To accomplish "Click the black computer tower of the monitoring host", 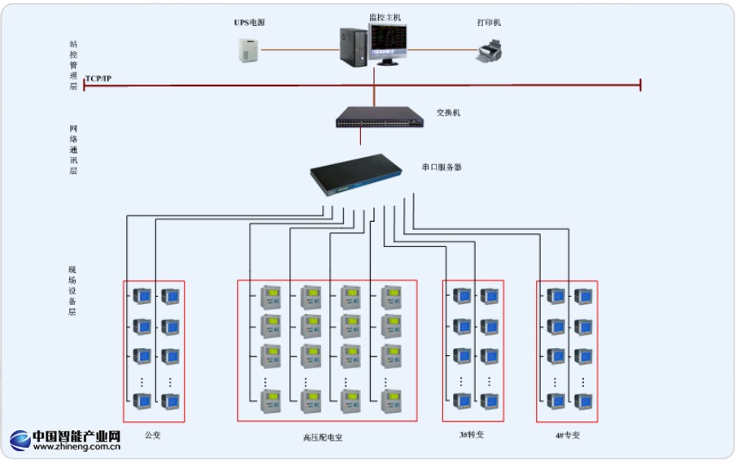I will click(x=354, y=48).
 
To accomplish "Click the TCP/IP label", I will click(x=99, y=79).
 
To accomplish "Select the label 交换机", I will click(x=448, y=113).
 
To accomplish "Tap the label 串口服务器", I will click(x=442, y=167).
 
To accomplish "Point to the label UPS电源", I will click(x=250, y=23).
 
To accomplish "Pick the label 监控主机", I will click(x=385, y=16).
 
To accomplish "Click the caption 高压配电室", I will click(x=323, y=437).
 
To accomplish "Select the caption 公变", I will click(x=153, y=435).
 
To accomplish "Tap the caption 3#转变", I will click(x=472, y=435).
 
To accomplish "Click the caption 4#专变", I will click(x=568, y=436).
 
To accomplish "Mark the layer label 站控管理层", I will click(x=73, y=65).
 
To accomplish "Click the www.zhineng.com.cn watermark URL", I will click(x=77, y=446).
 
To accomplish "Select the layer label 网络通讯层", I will click(x=73, y=150).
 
